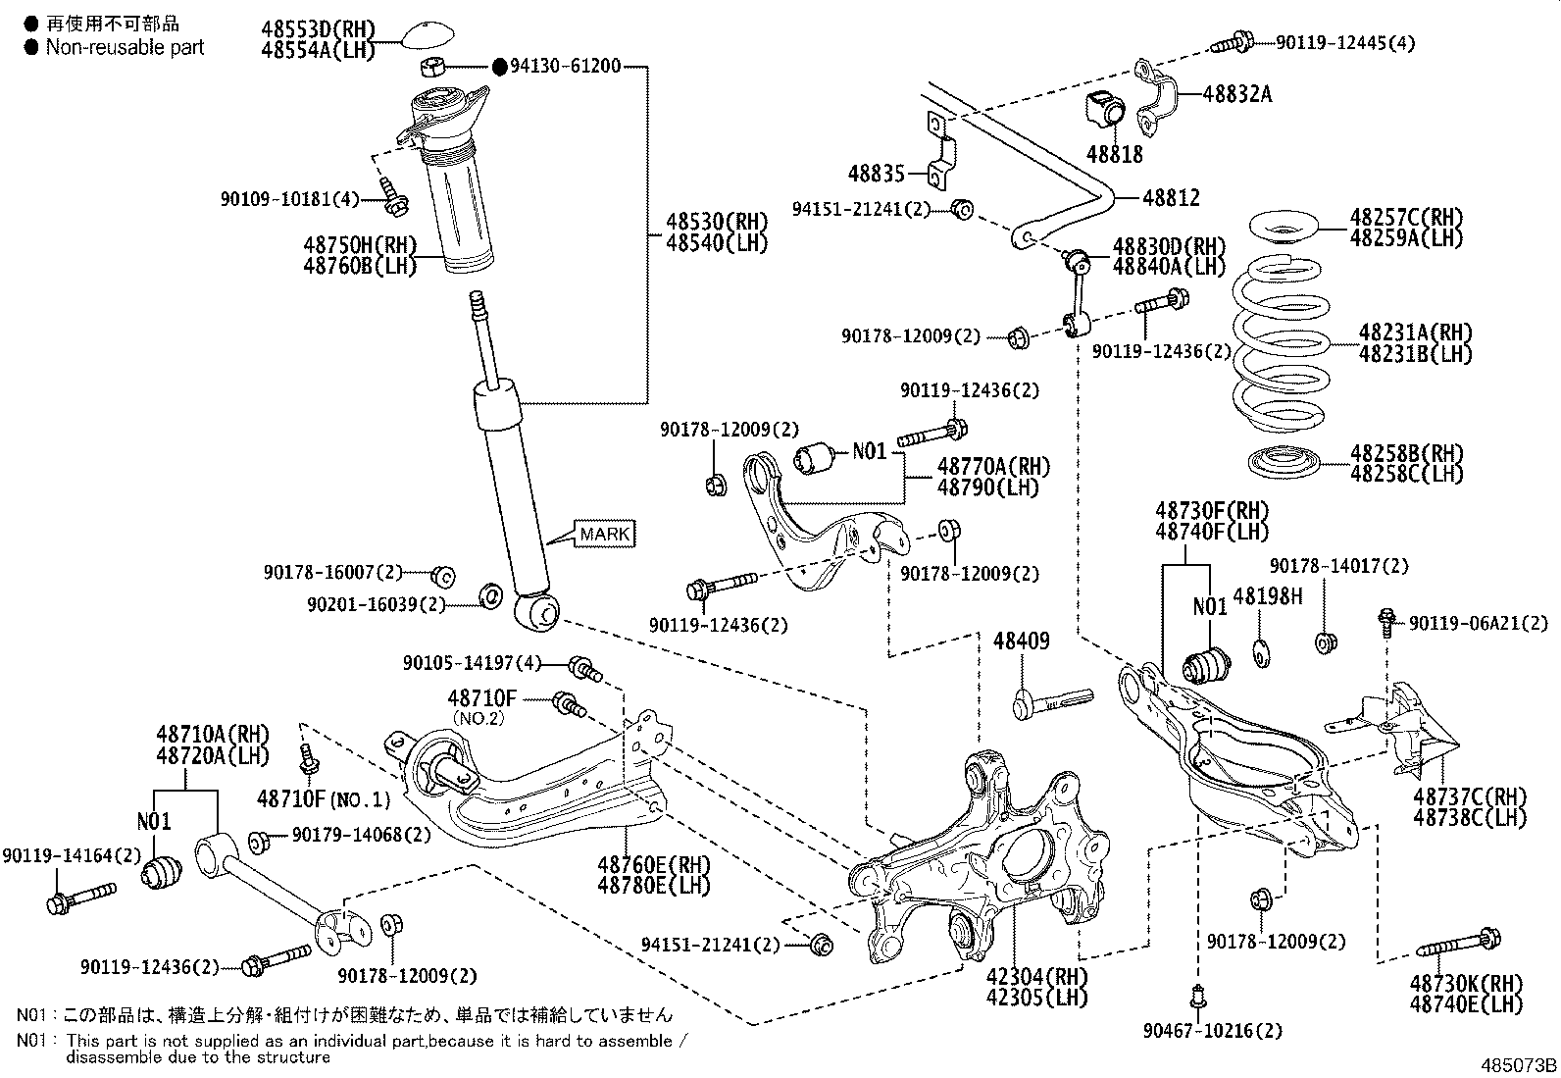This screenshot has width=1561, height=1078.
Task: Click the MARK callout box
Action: coord(605,534)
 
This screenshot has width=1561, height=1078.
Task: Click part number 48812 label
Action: coord(1171,197)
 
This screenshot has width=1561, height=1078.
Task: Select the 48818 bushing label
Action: coord(1114,154)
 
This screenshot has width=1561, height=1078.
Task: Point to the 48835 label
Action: coord(877,174)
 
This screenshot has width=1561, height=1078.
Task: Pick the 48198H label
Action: coord(1267,595)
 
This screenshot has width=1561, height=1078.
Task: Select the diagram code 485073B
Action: coord(1518,1064)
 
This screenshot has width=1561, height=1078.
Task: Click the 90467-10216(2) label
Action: coord(1212,1031)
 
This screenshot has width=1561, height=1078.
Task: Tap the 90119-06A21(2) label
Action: coord(1479,623)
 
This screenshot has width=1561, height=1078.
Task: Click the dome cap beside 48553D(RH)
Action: coord(427,38)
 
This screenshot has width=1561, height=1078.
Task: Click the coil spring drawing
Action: coord(1281,343)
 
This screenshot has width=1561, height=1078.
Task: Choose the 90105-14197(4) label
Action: coord(472,663)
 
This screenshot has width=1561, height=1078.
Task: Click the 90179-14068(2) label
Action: coord(362,835)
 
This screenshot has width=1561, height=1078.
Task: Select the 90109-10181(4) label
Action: coord(290,199)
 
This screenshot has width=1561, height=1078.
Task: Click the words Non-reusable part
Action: coord(125,46)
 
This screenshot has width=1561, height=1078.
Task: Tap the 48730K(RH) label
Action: coord(1466,984)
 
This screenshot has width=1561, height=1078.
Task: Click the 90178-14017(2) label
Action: coord(1338,566)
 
